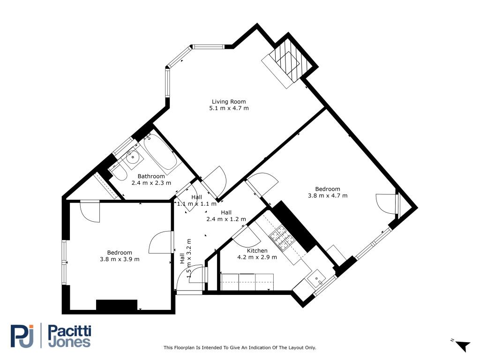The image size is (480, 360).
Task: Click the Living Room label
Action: [229, 101]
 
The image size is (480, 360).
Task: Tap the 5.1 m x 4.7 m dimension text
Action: [229, 108]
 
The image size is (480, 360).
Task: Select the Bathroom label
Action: [151, 176]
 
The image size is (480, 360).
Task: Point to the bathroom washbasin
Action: [133, 158]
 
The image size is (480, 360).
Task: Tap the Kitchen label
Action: [257, 251]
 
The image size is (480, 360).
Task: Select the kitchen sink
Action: [317, 279]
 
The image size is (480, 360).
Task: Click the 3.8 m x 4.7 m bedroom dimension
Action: [328, 195]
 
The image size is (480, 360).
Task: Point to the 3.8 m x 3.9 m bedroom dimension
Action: [120, 259]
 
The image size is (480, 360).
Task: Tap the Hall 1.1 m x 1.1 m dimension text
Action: [196, 204]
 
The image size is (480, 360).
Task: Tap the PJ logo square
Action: [22, 336]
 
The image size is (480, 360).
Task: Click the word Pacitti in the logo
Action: [70, 331]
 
